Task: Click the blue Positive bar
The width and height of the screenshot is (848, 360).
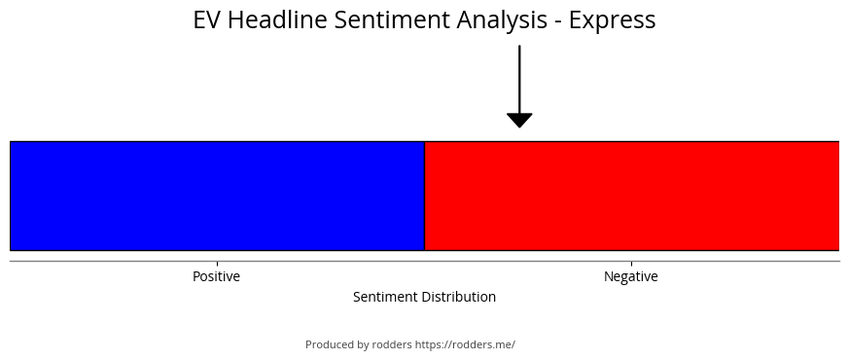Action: tap(218, 196)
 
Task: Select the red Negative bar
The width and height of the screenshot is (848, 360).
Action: tap(632, 196)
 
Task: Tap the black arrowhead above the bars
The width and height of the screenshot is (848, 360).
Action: tap(519, 121)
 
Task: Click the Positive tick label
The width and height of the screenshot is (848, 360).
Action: tap(216, 276)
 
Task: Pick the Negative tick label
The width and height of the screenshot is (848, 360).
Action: tap(631, 276)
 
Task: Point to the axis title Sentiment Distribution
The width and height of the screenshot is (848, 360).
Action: tap(425, 297)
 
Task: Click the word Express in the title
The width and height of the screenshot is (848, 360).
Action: tap(613, 20)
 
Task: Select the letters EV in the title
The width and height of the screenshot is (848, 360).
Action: tap(207, 20)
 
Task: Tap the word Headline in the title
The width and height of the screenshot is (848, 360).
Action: tap(277, 19)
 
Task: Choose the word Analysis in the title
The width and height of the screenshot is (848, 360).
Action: tap(502, 20)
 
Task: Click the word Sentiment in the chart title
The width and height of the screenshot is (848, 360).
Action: tap(392, 19)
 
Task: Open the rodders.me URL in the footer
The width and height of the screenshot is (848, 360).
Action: tap(465, 344)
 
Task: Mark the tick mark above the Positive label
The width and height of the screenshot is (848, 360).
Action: tap(218, 264)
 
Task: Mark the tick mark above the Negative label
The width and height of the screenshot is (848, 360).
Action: tap(632, 264)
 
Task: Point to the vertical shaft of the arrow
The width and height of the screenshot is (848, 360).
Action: tap(519, 79)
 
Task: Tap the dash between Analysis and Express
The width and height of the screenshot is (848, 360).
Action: tap(558, 22)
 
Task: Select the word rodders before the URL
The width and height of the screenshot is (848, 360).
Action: tap(392, 344)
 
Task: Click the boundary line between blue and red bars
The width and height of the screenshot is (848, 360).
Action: tap(425, 196)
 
